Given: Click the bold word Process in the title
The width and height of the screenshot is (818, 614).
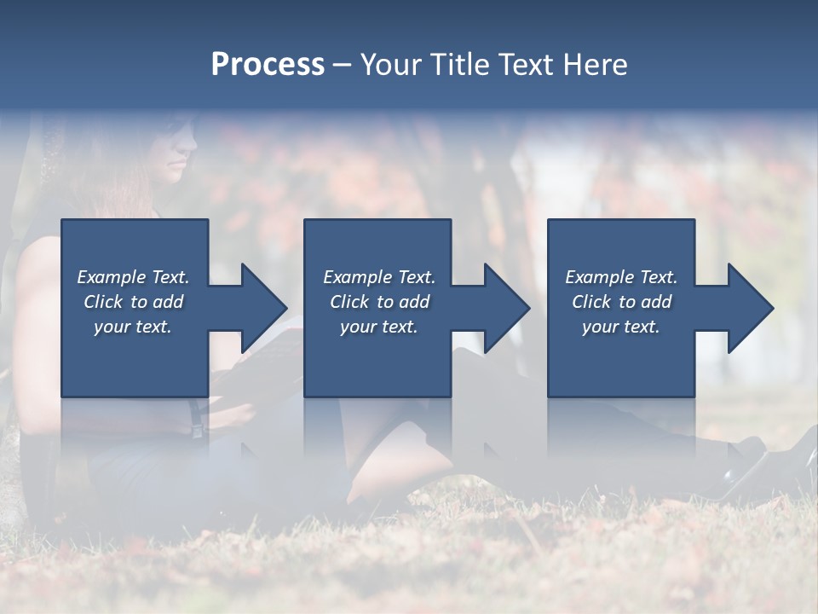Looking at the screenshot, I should (268, 65).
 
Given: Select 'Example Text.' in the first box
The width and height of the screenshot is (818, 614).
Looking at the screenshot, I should (133, 277).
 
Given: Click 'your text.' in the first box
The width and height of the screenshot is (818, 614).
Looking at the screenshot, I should (133, 327).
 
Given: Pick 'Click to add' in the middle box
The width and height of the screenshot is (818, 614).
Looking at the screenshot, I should (379, 302).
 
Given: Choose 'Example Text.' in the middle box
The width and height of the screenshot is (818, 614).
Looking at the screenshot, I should (379, 277).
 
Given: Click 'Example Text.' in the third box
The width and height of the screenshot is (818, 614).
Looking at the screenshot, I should (621, 277).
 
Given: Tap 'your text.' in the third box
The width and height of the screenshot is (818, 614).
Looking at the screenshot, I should (621, 327).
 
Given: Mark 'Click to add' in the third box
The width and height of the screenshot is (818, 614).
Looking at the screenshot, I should (621, 302).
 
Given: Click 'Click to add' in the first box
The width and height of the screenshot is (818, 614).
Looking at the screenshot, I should (133, 302).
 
